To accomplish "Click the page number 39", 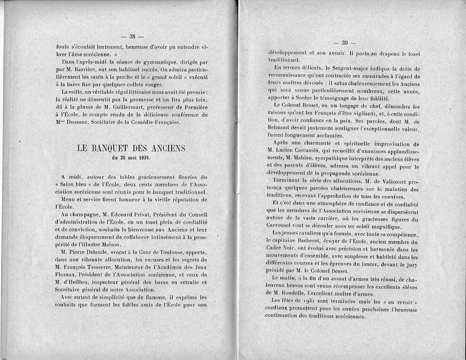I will tap(344, 43).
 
